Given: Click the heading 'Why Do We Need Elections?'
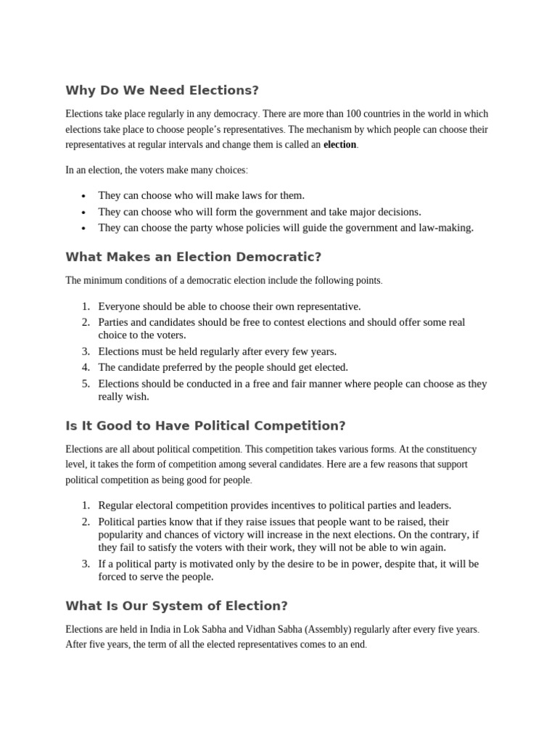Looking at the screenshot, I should tap(162, 91).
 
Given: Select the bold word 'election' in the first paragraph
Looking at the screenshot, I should tap(339, 144).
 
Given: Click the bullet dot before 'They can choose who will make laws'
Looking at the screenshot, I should tap(84, 197).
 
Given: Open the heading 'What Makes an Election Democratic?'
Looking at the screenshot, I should tap(193, 257).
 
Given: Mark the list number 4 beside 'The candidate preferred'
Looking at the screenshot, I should tap(85, 367).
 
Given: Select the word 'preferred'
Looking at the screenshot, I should tap(187, 367).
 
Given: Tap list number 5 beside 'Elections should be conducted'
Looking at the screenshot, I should tap(85, 384).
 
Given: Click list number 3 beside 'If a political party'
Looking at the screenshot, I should tap(85, 564).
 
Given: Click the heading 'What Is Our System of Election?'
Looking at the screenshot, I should tap(176, 605).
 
